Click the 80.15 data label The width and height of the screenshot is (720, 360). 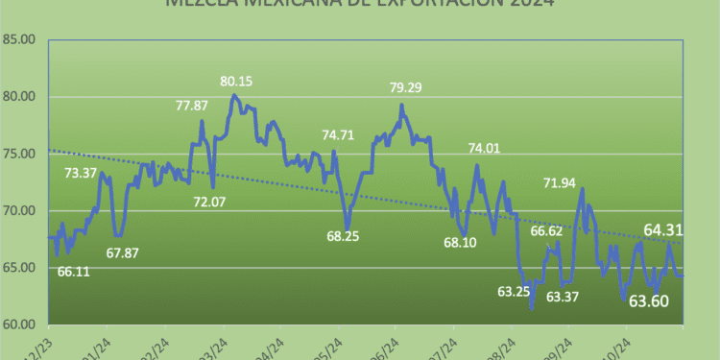pyautogui.click(x=236, y=82)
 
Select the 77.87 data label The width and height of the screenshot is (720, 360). pyautogui.click(x=193, y=106)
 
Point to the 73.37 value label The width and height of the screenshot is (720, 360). pyautogui.click(x=81, y=173)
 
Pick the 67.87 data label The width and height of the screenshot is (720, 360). pyautogui.click(x=124, y=252)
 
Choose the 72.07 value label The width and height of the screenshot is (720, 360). pyautogui.click(x=211, y=203)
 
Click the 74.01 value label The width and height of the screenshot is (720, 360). pyautogui.click(x=485, y=148)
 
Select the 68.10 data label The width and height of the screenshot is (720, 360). pyautogui.click(x=461, y=242)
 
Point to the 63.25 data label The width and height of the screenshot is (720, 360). pyautogui.click(x=515, y=290)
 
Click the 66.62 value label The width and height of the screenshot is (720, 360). pyautogui.click(x=545, y=230)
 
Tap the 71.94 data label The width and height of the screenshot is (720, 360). pyautogui.click(x=560, y=182)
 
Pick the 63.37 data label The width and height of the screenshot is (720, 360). pyautogui.click(x=563, y=297)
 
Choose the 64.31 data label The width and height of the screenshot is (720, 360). pyautogui.click(x=664, y=229)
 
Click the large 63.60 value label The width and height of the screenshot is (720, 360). pyautogui.click(x=649, y=300)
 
